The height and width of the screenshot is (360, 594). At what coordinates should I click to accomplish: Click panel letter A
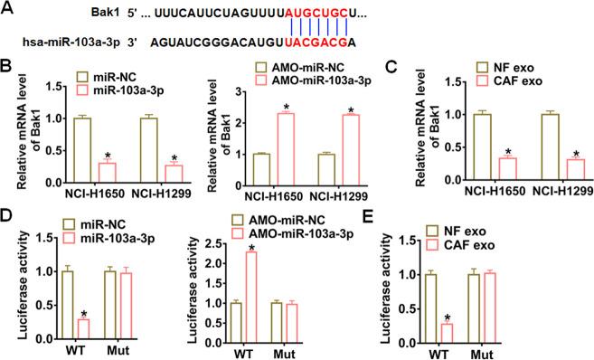pos(8,8)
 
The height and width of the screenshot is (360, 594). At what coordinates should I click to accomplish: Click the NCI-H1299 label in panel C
pos(552,191)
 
